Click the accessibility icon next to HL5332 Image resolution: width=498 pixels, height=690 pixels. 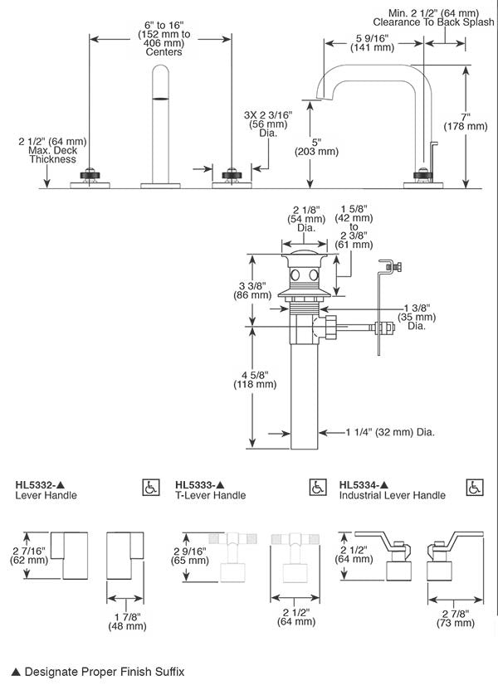[x=151, y=486]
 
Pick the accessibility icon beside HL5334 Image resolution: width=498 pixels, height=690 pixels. [x=475, y=486]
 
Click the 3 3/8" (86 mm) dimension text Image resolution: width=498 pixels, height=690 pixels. [x=254, y=289]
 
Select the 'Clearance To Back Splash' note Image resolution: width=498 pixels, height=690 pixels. [x=432, y=22]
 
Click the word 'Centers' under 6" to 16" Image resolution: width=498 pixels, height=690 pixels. [x=164, y=52]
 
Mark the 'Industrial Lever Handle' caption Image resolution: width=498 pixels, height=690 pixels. [x=392, y=496]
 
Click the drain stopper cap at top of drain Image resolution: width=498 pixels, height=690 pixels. [x=304, y=253]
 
